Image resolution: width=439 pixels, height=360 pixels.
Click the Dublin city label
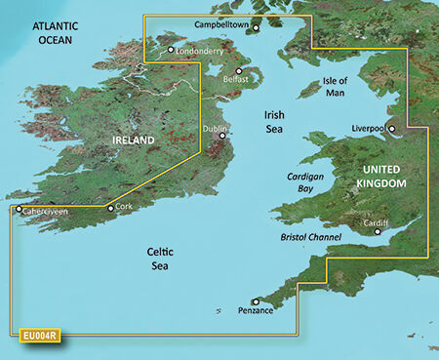(x=214, y=129)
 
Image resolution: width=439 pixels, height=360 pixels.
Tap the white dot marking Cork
(x=109, y=207)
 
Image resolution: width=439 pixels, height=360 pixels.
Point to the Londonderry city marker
(x=171, y=49)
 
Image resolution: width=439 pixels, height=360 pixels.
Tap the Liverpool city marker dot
(x=391, y=128)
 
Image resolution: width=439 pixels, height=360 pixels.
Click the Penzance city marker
(x=255, y=301)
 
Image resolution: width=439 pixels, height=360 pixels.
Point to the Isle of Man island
(x=309, y=91)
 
